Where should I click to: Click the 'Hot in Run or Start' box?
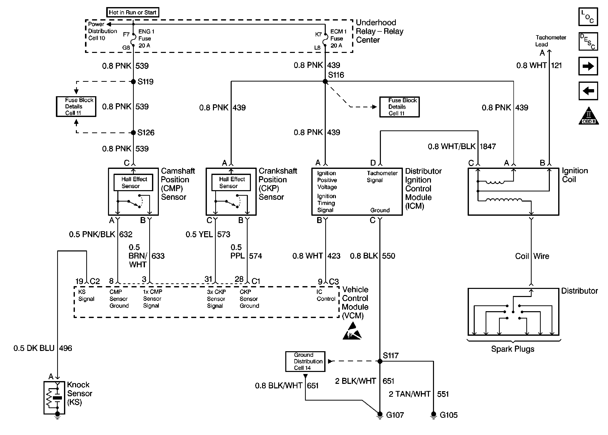pyautogui.click(x=133, y=12)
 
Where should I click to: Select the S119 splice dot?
pyautogui.click(x=133, y=82)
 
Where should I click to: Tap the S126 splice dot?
pyautogui.click(x=133, y=133)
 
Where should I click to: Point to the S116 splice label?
pyautogui.click(x=336, y=75)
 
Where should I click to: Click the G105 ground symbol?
pyautogui.click(x=433, y=415)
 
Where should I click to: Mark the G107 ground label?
pyautogui.click(x=395, y=415)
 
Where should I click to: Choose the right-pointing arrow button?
pyautogui.click(x=588, y=66)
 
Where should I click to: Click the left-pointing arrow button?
pyautogui.click(x=588, y=91)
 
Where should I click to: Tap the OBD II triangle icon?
pyautogui.click(x=589, y=116)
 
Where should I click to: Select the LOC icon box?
pyautogui.click(x=588, y=17)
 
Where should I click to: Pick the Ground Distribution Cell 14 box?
pyautogui.click(x=305, y=361)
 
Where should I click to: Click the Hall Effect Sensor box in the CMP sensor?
pyautogui.click(x=133, y=182)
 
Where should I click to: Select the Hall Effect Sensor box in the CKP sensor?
pyautogui.click(x=231, y=182)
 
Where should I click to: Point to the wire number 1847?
pyautogui.click(x=488, y=147)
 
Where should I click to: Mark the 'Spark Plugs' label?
pyautogui.click(x=512, y=349)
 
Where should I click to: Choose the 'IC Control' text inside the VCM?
pyautogui.click(x=325, y=295)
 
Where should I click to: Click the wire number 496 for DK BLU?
pyautogui.click(x=66, y=348)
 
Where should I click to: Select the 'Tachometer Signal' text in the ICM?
pyautogui.click(x=382, y=176)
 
